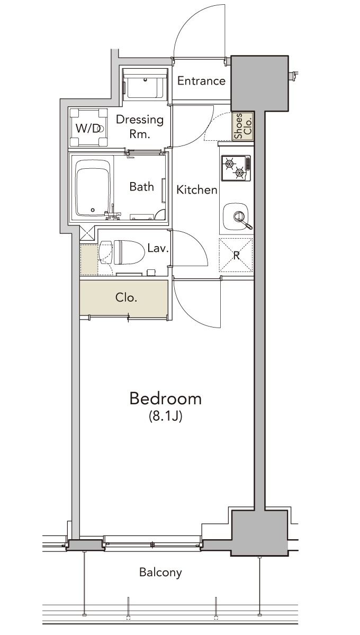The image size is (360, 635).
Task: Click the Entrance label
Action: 201,81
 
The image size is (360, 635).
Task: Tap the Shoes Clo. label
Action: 243,126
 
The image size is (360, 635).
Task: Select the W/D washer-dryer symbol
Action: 88,128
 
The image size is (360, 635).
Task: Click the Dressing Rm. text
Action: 140,126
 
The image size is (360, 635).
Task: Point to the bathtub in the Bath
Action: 93,189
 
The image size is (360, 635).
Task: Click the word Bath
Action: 141,187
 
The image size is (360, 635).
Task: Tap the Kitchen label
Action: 197,189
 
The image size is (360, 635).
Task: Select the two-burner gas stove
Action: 236,168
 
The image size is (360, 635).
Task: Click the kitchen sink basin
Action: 236,216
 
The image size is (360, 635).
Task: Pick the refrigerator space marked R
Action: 236,255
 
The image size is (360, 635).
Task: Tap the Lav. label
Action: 158,249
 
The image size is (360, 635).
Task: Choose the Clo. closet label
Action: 126,297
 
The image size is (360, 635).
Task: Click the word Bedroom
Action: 166,398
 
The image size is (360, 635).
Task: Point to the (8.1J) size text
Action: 165,416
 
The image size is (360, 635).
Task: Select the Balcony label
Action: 160,573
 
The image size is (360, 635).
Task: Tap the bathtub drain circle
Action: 93,210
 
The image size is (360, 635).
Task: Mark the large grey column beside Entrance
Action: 259,84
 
